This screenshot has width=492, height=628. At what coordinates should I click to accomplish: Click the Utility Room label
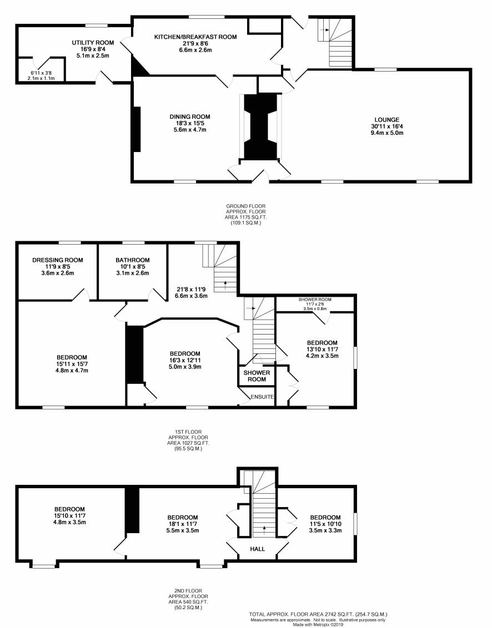(x=93, y=43)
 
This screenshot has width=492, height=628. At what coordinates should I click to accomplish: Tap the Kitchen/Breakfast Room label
(x=195, y=37)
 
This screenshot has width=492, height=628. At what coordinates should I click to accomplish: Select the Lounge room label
(x=387, y=119)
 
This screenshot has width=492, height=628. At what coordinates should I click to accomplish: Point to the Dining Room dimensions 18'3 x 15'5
(x=190, y=123)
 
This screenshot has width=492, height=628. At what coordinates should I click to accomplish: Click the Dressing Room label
(x=58, y=260)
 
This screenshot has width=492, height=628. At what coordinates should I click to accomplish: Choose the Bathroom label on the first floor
(x=133, y=260)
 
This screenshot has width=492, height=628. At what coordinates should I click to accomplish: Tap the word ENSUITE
(x=262, y=397)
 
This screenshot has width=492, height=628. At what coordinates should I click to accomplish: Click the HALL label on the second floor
(x=258, y=549)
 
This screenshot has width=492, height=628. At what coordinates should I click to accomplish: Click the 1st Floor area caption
(x=188, y=440)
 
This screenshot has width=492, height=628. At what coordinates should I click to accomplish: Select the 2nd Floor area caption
(x=188, y=599)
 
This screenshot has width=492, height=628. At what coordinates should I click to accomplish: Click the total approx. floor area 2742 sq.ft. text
(x=318, y=614)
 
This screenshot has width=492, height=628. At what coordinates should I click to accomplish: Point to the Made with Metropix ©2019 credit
(x=318, y=625)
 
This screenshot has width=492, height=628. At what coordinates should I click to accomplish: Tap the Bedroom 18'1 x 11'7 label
(x=183, y=524)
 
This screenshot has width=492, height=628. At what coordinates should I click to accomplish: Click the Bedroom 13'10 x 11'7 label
(x=322, y=350)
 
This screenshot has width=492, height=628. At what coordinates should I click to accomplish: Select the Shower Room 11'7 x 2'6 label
(x=315, y=304)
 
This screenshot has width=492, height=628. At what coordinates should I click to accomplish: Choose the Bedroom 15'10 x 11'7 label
(x=69, y=515)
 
